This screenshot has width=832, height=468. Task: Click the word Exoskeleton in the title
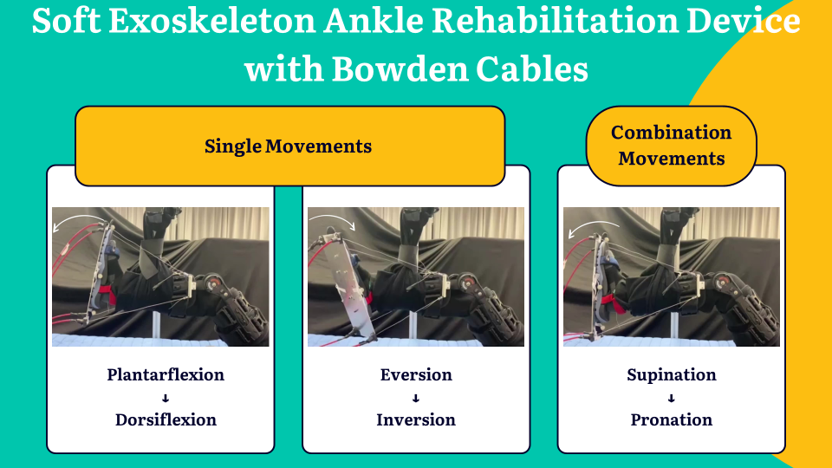212,21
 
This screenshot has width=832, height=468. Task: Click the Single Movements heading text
288,146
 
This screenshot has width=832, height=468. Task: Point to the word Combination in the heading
671,132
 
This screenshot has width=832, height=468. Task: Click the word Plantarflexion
166,374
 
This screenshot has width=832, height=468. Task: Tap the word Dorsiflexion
166,419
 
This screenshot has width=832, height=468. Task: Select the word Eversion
416,374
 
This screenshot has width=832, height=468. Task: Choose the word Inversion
416,419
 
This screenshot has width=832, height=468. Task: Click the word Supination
671,374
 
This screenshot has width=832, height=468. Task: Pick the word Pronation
671,419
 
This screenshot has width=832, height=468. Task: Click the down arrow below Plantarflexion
166,398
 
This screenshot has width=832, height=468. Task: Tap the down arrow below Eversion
416,398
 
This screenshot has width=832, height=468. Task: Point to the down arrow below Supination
671,398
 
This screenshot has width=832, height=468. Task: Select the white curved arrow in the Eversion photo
333,216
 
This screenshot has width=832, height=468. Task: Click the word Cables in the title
532,69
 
